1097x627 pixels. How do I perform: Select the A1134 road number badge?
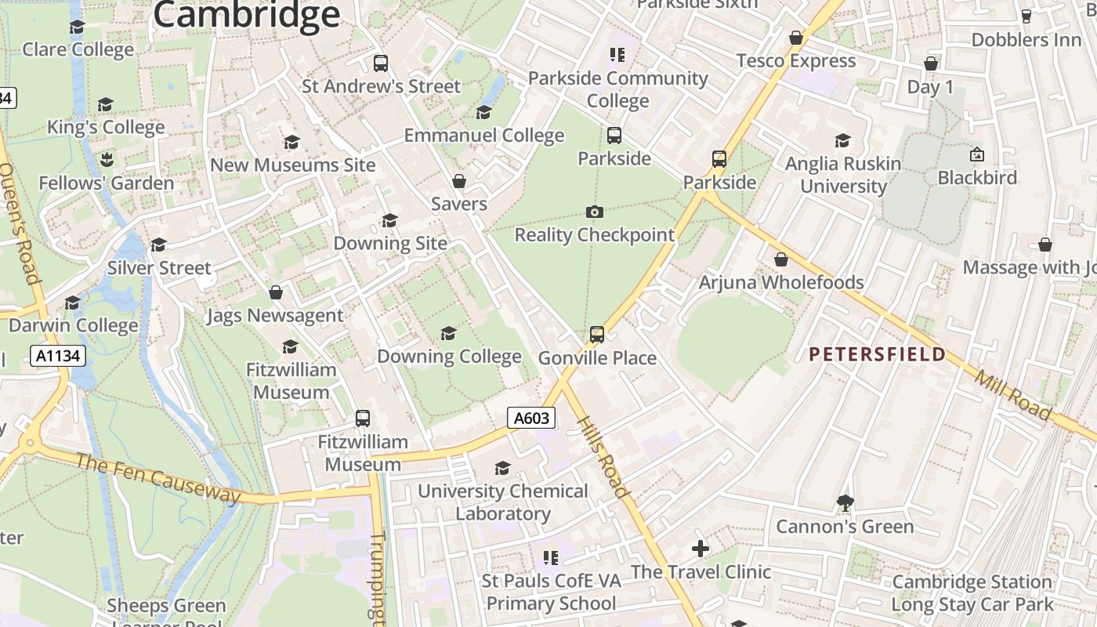58,356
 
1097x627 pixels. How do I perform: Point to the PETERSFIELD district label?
877,355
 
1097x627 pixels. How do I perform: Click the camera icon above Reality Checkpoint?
595,212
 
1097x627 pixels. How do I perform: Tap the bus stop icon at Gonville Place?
597,335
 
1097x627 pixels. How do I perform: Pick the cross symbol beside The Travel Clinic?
701,549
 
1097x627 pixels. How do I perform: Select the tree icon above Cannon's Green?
845,502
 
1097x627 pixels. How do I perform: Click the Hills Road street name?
604,456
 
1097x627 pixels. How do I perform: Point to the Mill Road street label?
1014,394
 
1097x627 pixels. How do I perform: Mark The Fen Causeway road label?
157,477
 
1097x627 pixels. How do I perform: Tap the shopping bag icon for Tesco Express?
796,38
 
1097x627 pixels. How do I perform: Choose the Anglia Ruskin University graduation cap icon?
843,140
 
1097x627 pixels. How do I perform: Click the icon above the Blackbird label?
977,154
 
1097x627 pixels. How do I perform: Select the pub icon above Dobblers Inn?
1026,16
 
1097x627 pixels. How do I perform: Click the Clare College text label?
78,50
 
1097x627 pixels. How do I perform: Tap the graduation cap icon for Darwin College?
73,303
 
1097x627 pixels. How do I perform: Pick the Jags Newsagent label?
275,316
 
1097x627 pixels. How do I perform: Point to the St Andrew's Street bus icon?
381,63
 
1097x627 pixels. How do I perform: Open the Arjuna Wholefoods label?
781,282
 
